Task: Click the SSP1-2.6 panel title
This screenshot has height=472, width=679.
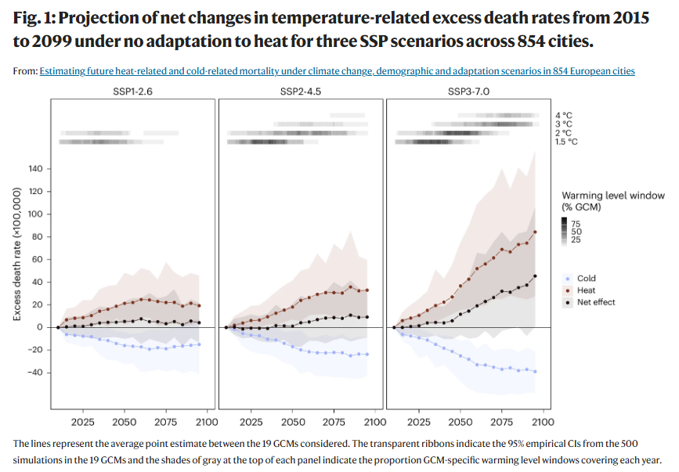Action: [x=132, y=92]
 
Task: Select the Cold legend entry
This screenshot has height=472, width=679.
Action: [x=586, y=279]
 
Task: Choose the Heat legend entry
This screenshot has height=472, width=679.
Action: [x=586, y=290]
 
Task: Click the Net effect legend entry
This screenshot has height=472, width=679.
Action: [x=595, y=302]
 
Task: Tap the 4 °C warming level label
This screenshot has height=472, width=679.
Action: [x=563, y=115]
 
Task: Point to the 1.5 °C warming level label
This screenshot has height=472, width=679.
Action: [x=566, y=142]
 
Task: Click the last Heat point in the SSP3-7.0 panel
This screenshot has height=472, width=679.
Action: [x=535, y=232]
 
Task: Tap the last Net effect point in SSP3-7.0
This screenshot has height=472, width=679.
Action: [x=535, y=276]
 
